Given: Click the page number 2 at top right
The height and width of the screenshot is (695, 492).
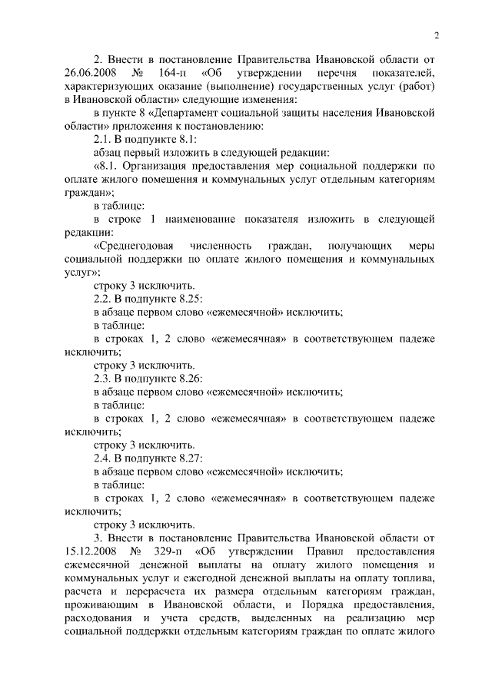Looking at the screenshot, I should (437, 35).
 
